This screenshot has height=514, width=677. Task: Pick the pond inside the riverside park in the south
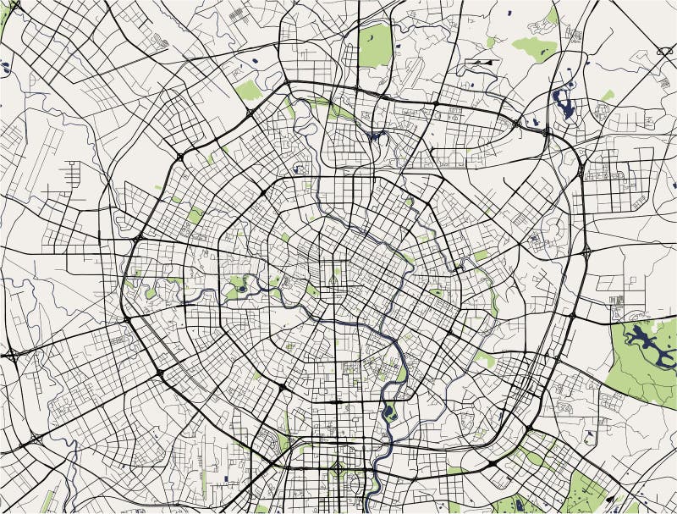(x=390, y=412)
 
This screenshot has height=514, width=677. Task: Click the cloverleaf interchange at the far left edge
(x=12, y=356)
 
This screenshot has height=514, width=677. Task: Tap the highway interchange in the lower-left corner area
(x=36, y=439)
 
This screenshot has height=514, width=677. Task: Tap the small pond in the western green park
(x=241, y=289)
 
